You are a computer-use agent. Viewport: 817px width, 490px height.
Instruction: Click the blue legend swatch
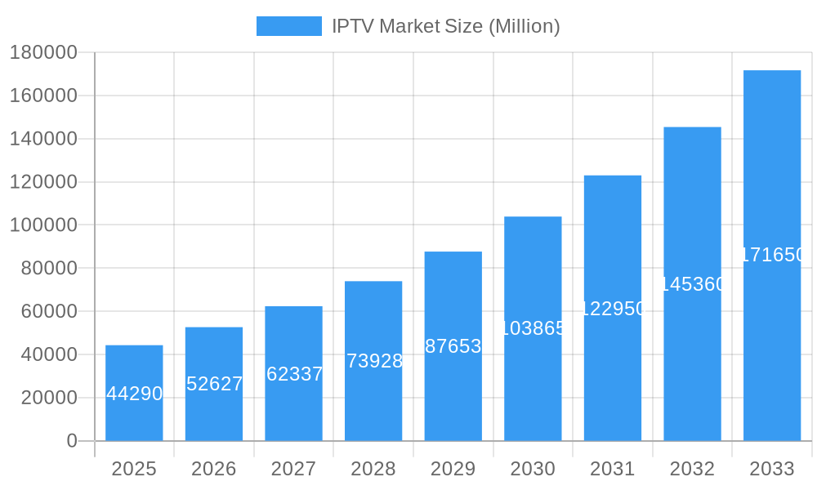click(288, 26)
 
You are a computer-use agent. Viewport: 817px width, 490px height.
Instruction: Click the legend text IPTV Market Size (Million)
click(445, 26)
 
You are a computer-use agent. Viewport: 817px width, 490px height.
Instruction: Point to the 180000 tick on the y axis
click(42, 52)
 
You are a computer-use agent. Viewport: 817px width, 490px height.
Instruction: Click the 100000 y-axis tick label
click(42, 225)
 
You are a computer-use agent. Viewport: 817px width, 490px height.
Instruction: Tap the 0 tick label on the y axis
click(71, 441)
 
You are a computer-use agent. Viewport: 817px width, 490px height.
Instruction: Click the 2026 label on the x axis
click(214, 469)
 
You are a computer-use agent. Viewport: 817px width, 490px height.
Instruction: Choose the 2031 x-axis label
click(613, 469)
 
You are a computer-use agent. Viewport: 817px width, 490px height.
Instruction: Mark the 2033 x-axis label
click(772, 469)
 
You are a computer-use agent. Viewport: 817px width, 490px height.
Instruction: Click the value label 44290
click(134, 394)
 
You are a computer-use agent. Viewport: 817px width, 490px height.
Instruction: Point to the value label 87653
click(453, 346)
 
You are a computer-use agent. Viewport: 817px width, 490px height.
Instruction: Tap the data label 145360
click(692, 284)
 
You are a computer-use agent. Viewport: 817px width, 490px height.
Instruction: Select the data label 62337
click(294, 374)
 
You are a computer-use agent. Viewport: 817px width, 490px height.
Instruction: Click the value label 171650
click(772, 255)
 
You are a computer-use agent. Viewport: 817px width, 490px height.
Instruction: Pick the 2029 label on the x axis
click(453, 469)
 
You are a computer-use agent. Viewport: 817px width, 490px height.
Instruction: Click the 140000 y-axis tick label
click(42, 139)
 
